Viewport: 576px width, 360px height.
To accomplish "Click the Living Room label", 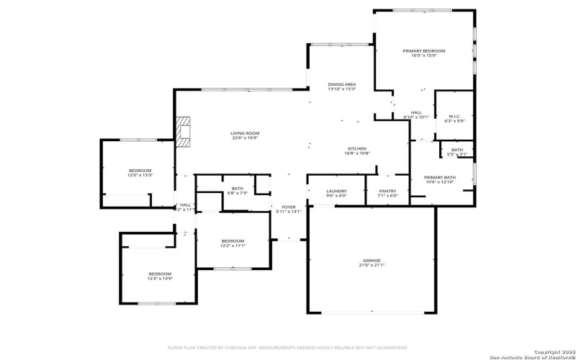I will point(245,133).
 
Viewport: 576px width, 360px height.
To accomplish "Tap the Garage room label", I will point(372,260).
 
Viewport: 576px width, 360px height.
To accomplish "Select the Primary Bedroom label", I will point(423,51).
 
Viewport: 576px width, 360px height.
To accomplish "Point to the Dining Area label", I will point(341,84).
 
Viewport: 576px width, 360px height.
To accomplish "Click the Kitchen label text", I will point(357,148).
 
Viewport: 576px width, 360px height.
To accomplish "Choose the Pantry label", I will point(387,191).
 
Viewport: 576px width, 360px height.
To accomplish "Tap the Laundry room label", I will point(336,191).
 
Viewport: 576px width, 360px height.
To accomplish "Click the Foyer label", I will point(288,207).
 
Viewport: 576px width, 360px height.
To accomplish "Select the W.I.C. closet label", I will point(454,116).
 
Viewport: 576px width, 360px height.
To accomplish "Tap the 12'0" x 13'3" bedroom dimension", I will point(140,175).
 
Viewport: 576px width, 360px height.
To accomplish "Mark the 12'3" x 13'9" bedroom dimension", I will point(160,279).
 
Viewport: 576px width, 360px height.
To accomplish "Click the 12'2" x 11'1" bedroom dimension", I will point(233,246).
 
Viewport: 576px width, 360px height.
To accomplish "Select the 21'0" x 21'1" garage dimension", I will point(372,265).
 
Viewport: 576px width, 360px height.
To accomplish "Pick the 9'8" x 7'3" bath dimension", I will point(238,193).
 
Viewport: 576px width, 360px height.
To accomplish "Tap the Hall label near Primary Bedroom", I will point(416,112).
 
